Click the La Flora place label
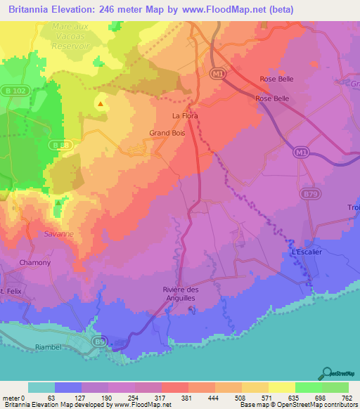185,115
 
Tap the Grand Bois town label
167,132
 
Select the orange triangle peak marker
101,105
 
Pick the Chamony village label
35,263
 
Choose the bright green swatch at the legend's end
335,387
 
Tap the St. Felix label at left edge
12,291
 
